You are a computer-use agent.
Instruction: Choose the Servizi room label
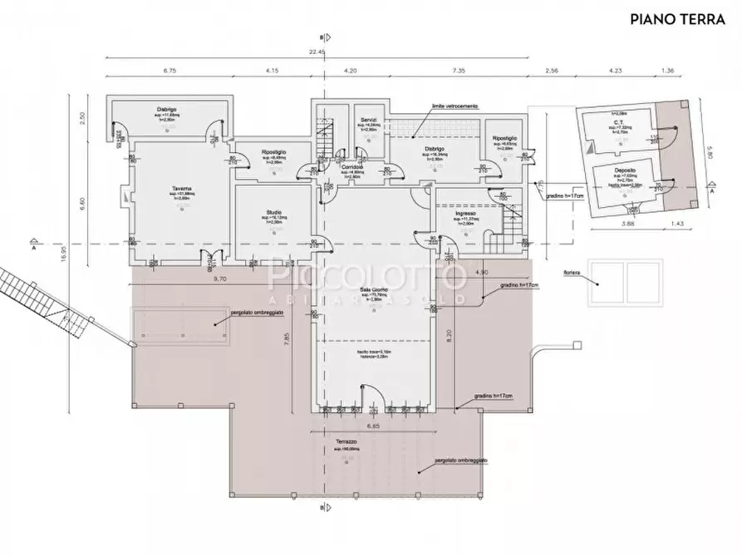[x=369, y=120]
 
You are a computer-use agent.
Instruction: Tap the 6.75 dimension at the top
[x=170, y=71]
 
